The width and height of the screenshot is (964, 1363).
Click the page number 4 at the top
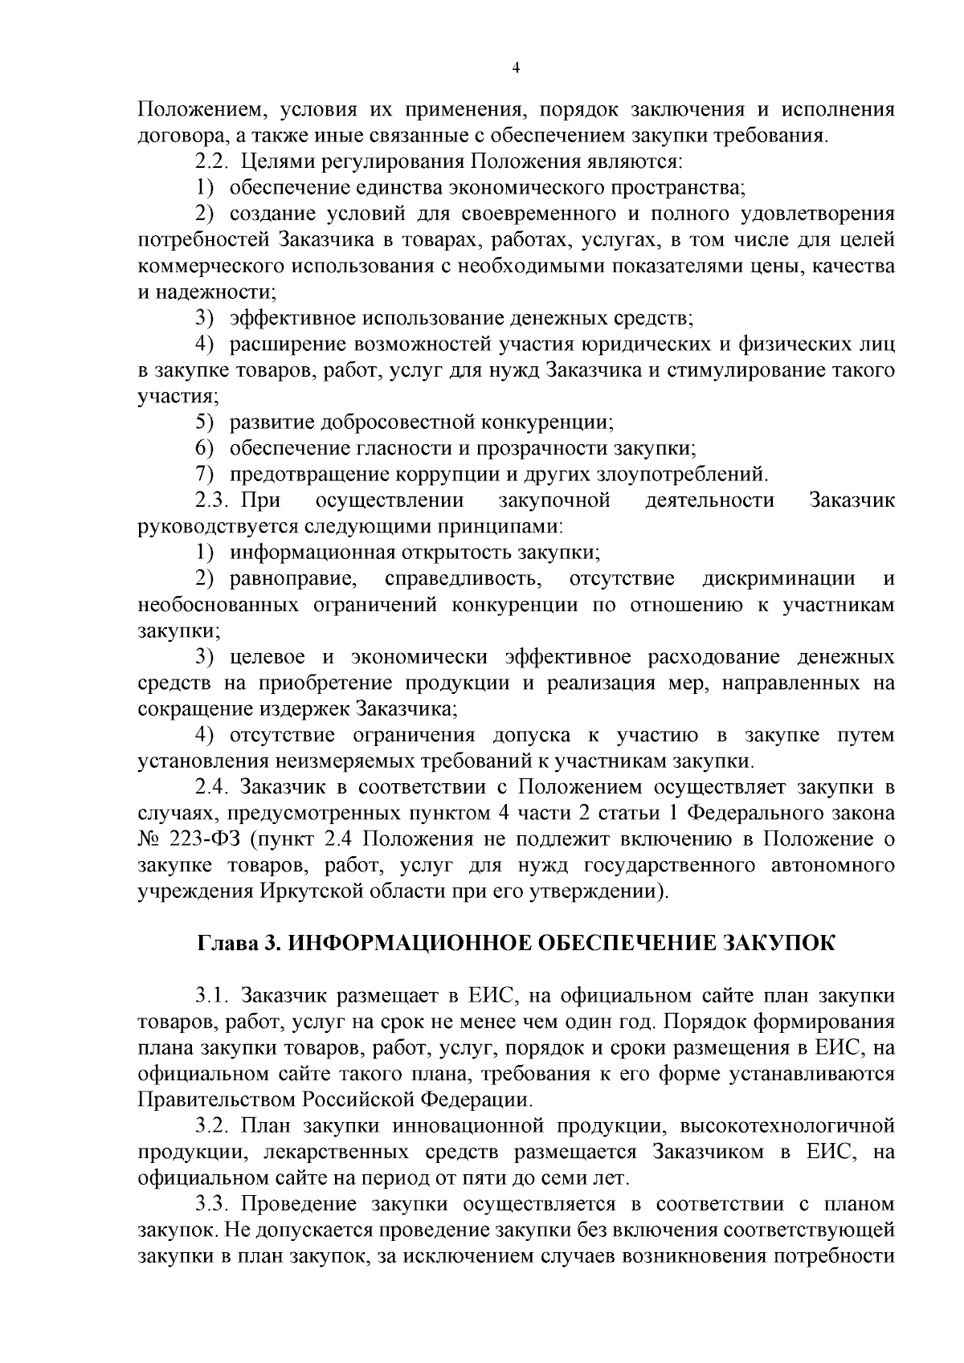click(516, 69)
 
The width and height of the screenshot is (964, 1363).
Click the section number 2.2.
click(213, 161)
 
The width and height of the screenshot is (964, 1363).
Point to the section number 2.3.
click(213, 501)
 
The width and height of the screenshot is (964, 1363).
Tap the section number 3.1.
click(213, 996)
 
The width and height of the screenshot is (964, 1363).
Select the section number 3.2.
click(213, 1126)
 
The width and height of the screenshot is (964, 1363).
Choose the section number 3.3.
click(213, 1204)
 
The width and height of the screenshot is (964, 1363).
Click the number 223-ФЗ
click(205, 839)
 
